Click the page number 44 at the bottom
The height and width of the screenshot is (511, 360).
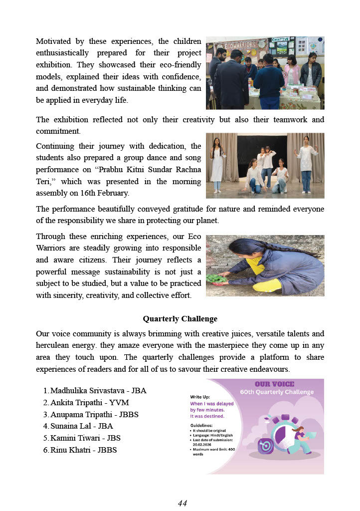[x=182, y=503]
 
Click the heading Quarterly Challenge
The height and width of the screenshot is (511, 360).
[x=180, y=318]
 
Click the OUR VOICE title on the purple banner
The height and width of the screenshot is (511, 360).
[x=274, y=384]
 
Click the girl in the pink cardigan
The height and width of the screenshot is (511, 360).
[x=291, y=72]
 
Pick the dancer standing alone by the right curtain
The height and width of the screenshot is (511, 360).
[x=305, y=160]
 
